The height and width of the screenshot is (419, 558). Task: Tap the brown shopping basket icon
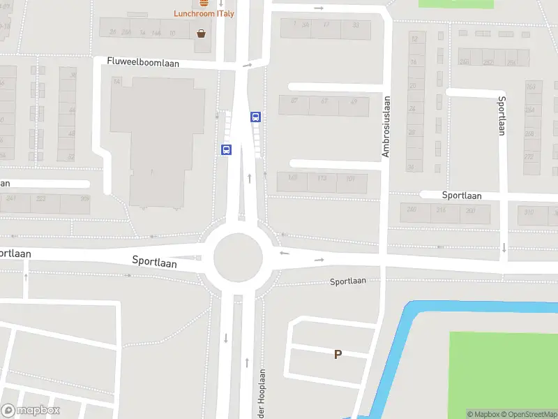tap(202, 33)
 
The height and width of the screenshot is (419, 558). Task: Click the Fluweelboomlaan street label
tap(143, 62)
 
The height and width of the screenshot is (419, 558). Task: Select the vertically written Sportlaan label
tap(501, 115)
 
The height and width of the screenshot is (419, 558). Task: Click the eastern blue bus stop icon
tap(256, 117)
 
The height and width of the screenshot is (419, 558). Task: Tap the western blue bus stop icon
tap(226, 149)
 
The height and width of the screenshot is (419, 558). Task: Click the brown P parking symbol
tap(338, 354)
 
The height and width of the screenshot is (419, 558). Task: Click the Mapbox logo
tap(31, 411)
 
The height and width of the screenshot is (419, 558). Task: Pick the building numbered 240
tap(412, 209)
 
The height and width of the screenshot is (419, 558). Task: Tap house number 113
tap(322, 179)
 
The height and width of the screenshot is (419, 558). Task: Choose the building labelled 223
tap(41, 198)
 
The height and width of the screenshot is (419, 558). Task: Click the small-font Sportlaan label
tap(347, 281)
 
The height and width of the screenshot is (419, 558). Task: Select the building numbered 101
tap(352, 179)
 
